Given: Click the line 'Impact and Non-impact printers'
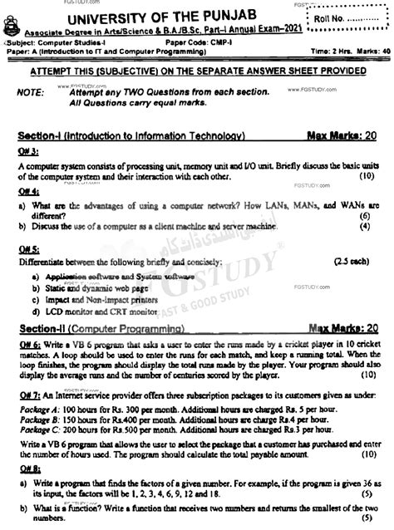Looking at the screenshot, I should [93, 299].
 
